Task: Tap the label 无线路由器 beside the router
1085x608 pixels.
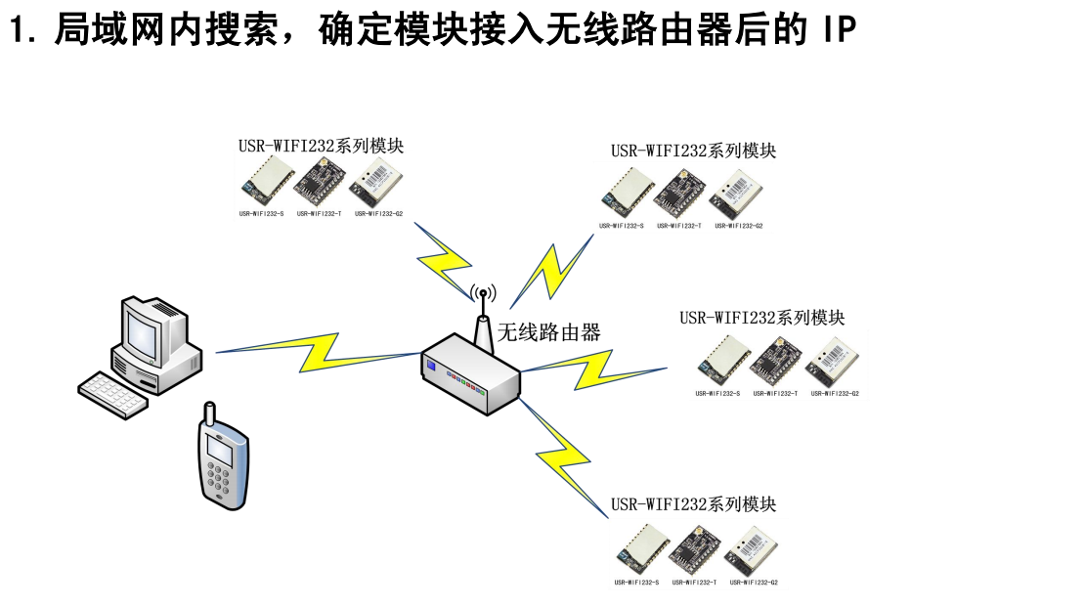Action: tap(549, 331)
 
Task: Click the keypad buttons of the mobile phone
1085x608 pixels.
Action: tap(221, 483)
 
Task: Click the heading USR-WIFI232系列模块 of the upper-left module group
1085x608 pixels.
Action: tap(321, 146)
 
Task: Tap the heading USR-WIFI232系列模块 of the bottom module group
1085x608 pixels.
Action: tap(693, 504)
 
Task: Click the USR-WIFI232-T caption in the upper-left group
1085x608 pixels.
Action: tap(319, 213)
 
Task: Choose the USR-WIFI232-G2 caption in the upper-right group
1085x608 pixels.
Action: tap(738, 226)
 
